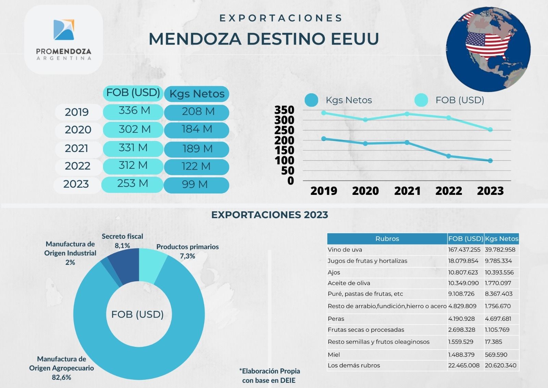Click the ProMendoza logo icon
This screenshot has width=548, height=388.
tap(64, 30)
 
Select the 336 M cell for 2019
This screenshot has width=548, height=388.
tap(134, 111)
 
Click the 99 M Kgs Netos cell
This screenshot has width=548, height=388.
tap(195, 185)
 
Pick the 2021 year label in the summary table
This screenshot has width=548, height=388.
tap(76, 148)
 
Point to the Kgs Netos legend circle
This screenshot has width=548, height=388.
tap(311, 100)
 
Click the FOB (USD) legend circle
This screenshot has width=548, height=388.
tap(421, 100)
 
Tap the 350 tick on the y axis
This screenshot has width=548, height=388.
tap(284, 110)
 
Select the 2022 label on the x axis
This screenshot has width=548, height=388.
tap(448, 191)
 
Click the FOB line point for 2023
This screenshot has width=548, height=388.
tap(490, 130)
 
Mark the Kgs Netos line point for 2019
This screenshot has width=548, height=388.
tap(324, 139)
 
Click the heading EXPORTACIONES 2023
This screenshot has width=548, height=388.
tap(270, 215)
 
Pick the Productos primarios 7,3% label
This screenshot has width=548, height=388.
tap(187, 251)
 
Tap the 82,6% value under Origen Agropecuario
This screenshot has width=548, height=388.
tap(62, 377)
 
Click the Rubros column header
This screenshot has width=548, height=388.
tap(387, 239)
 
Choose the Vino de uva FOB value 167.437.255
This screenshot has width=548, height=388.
tap(464, 250)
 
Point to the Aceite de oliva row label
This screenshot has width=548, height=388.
tap(349, 283)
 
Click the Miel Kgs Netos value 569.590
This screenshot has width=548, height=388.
tap(496, 355)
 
